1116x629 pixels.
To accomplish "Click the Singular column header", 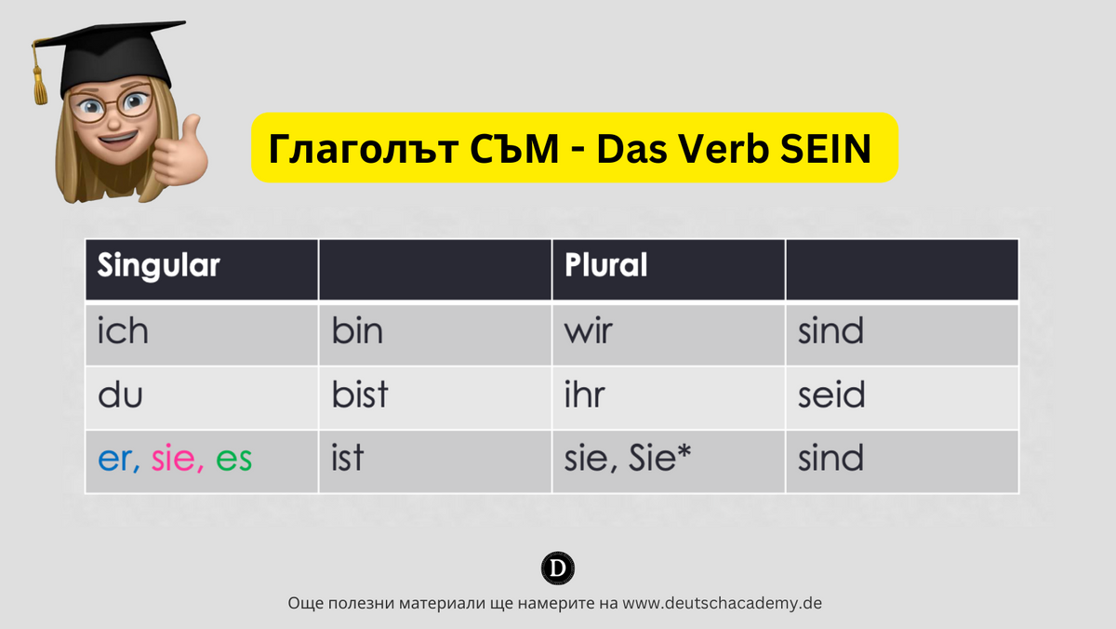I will coord(159,266).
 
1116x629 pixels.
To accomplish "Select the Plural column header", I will coord(605,266).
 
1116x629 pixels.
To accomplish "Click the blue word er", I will coord(116,460).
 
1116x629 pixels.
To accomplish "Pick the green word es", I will coord(233,460).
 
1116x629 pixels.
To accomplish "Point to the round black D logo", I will coord(557,569).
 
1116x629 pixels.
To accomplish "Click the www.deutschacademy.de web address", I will coord(723,603).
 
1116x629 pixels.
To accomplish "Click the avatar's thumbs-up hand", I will coord(182,152).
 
